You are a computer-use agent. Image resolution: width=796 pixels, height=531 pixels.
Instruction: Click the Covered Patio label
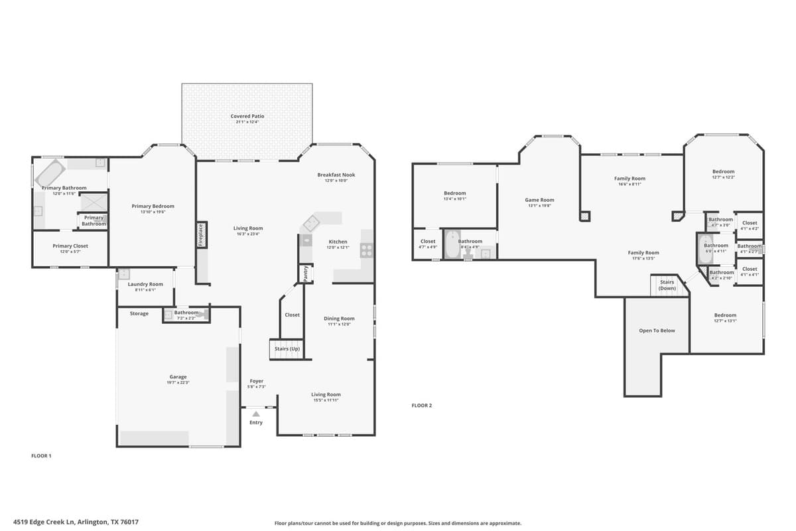(x=247, y=116)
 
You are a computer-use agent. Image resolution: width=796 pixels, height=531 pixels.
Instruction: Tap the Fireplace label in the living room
(x=201, y=235)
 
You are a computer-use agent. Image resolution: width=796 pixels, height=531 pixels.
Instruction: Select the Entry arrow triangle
(x=256, y=414)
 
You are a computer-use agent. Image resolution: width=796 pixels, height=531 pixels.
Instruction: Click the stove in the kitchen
(x=366, y=250)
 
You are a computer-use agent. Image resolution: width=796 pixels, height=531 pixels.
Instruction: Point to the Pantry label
(x=306, y=273)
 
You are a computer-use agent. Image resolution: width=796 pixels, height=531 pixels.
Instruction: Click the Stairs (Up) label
(x=287, y=348)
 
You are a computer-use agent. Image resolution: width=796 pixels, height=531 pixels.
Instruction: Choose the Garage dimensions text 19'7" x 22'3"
(x=178, y=383)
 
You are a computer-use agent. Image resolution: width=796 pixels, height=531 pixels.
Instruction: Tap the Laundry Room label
(x=145, y=284)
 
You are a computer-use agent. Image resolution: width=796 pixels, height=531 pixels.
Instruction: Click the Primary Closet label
(x=70, y=246)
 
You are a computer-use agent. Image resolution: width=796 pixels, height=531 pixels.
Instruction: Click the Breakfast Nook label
(x=336, y=175)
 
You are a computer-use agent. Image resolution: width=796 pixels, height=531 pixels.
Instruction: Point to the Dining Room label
(x=339, y=319)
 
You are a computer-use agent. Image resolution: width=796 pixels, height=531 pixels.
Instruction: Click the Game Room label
(x=539, y=200)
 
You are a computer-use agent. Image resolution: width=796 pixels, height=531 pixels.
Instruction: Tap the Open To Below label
(x=657, y=331)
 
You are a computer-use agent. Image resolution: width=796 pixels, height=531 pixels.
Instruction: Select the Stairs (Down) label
(x=667, y=285)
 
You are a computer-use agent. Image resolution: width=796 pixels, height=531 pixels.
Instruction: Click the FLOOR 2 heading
(x=421, y=406)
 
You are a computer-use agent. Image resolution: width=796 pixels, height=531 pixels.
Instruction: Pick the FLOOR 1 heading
(x=41, y=456)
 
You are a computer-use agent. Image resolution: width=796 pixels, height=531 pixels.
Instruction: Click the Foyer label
(x=256, y=381)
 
